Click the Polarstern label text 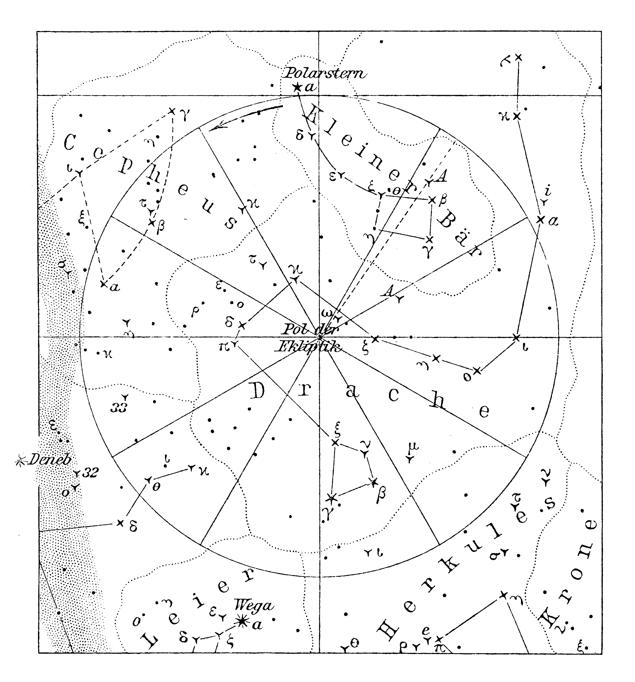325,73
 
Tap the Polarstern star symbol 297,87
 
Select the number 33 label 120,407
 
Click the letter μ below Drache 413,447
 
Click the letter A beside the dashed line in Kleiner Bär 442,176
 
